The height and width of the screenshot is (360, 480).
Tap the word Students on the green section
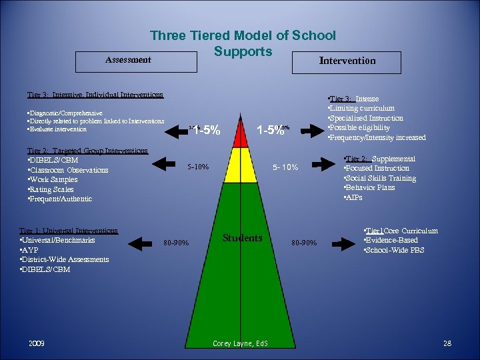tap(243, 238)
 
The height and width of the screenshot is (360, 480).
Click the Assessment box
tap(128, 60)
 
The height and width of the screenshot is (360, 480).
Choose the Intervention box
tap(347, 61)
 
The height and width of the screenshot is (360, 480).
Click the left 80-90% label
tap(177, 243)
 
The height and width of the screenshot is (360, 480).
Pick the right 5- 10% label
tap(286, 167)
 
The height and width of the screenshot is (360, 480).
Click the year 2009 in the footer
tap(37, 343)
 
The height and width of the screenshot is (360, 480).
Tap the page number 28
tap(447, 343)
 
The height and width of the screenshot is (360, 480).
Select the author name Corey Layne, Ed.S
tap(241, 344)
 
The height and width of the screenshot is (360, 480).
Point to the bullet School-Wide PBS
tap(394, 250)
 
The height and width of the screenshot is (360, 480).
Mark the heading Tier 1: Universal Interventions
tap(69, 231)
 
